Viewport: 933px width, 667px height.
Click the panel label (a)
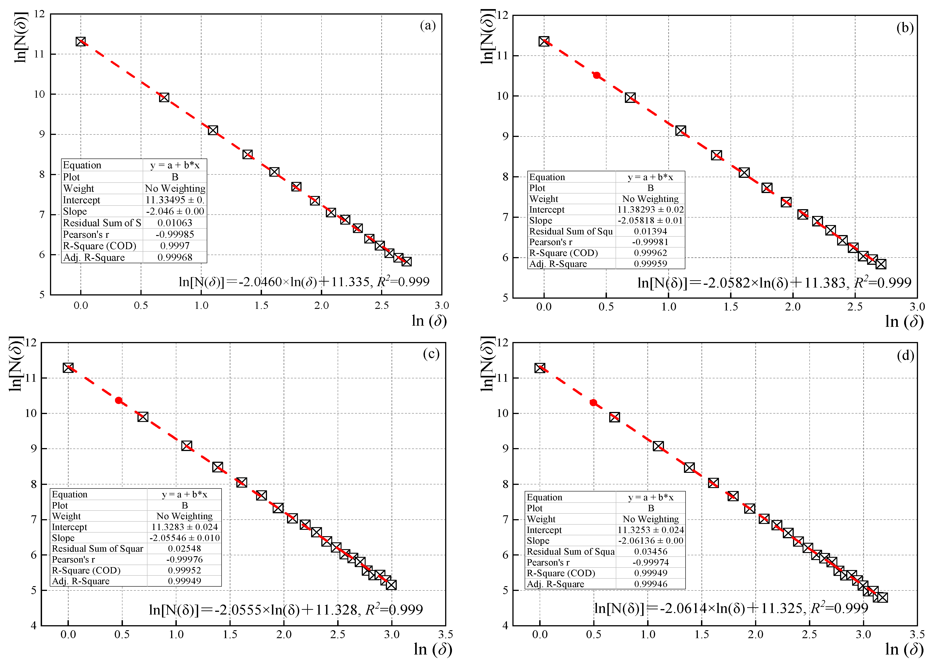428,26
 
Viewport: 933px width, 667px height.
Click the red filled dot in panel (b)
596,75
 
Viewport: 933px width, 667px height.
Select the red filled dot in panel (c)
119,400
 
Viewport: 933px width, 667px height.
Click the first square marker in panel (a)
80,42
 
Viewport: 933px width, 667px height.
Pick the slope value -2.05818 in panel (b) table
636,221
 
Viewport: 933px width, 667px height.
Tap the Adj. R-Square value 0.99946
651,584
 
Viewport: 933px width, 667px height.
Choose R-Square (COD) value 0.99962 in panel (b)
651,253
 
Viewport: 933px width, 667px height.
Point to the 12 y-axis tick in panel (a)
40,14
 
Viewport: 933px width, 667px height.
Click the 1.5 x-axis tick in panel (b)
731,307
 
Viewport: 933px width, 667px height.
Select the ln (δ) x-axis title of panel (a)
429,321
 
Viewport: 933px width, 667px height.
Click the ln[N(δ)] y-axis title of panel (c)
16,364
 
